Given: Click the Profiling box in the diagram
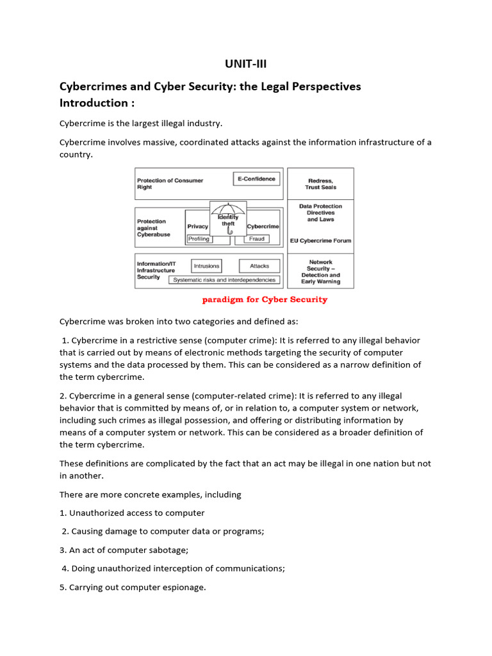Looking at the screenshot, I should click(199, 238).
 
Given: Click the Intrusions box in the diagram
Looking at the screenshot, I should click(206, 266).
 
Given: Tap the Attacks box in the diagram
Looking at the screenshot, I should click(259, 266).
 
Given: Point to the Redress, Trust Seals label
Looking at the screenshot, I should click(320, 184).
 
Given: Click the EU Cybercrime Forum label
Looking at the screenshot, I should click(320, 241).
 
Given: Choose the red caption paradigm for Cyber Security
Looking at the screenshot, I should click(265, 300).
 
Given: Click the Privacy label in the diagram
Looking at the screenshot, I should click(198, 226).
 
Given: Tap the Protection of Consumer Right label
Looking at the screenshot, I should click(170, 184).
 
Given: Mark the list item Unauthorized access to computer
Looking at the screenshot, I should click(132, 512).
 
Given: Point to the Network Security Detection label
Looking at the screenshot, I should click(320, 272).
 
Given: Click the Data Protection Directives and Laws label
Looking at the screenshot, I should click(320, 213).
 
